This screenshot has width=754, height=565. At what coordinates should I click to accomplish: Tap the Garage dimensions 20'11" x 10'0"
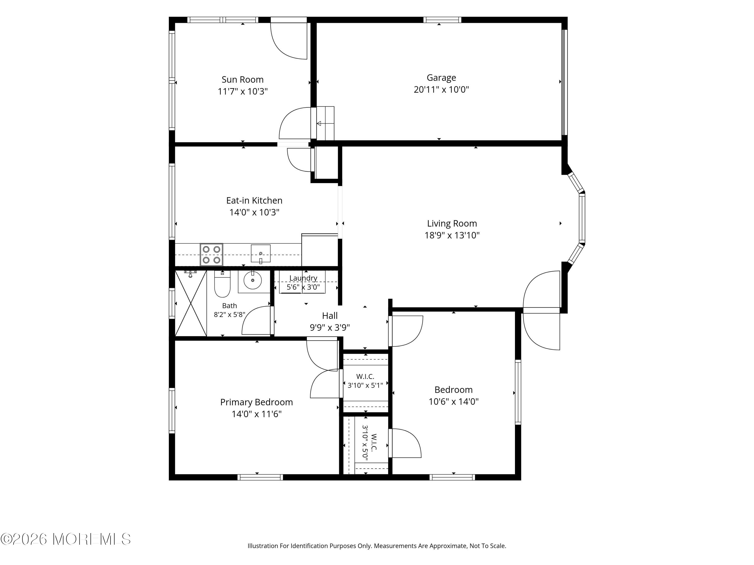(x=441, y=90)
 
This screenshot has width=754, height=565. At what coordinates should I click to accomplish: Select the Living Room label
(x=452, y=223)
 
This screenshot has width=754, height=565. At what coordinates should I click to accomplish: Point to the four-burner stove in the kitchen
(x=211, y=254)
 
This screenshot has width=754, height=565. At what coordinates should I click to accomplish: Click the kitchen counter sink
(x=261, y=254)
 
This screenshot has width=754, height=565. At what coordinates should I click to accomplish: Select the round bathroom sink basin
(x=253, y=280)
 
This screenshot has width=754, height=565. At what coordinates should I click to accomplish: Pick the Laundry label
(x=303, y=278)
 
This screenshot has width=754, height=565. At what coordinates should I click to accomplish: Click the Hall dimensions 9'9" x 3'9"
(x=329, y=328)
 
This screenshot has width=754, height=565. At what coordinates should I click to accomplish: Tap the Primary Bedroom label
(x=256, y=402)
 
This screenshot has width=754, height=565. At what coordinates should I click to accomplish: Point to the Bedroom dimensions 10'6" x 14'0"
(x=453, y=402)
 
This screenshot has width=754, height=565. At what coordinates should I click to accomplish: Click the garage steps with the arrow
(x=325, y=123)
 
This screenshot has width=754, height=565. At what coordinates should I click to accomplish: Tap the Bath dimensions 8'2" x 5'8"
(x=229, y=315)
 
